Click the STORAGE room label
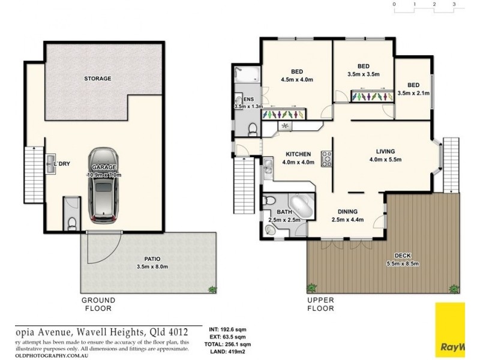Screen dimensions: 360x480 click(x=97, y=79)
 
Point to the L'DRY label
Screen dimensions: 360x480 click(x=62, y=163)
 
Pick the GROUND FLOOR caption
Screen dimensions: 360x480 click(x=98, y=304)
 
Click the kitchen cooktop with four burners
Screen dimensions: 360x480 click(x=327, y=159)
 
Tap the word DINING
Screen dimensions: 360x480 click(x=347, y=211)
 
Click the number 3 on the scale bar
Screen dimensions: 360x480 click(x=455, y=4)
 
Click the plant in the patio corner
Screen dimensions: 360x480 click(x=212, y=289)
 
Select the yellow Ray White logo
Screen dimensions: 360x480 click(x=449, y=330)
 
